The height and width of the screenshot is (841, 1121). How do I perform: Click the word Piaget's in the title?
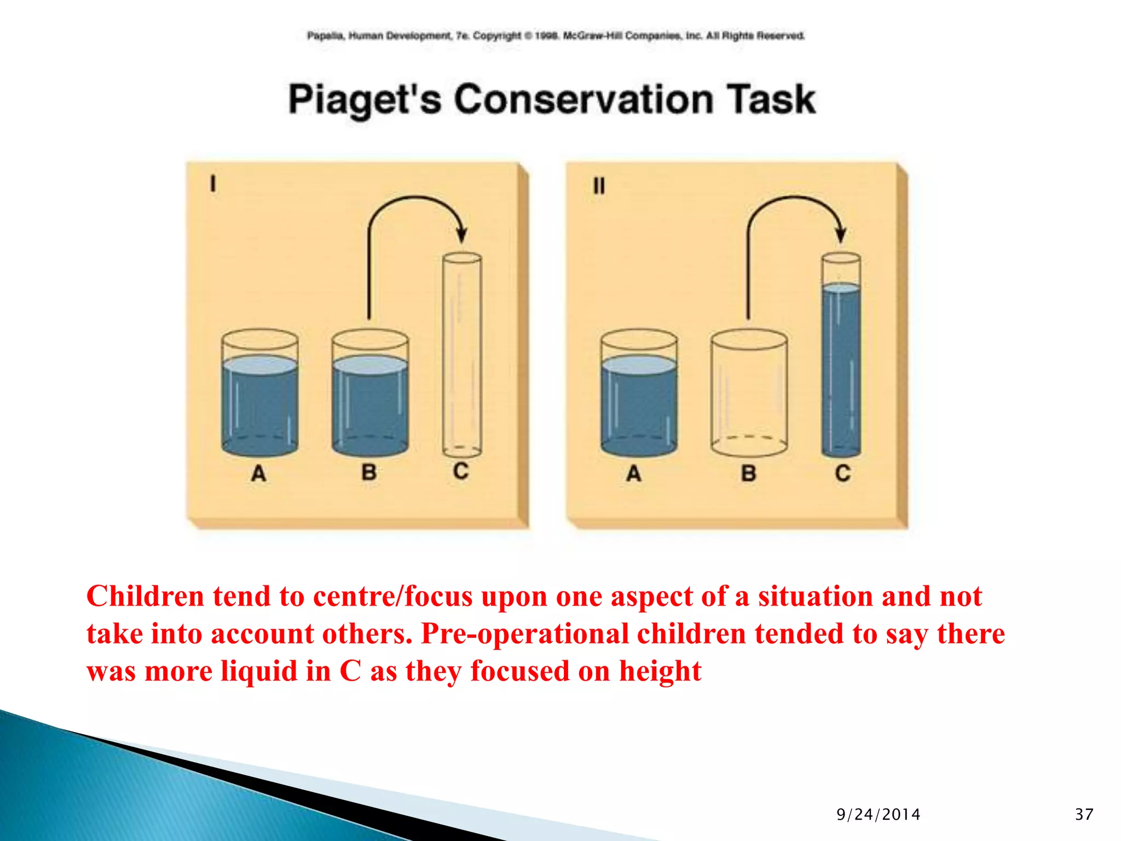[x=365, y=100]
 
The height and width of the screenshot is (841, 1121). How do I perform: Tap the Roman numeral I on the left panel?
[x=213, y=183]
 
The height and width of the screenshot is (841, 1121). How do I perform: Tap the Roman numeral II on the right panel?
[x=599, y=186]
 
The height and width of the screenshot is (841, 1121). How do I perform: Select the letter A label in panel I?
[x=258, y=473]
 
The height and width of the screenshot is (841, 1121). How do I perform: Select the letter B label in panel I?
[x=369, y=472]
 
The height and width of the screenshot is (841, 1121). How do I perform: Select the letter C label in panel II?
[x=842, y=473]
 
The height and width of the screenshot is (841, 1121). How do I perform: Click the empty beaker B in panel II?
[x=749, y=394]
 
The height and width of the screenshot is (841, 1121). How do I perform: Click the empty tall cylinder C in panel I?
[x=462, y=356]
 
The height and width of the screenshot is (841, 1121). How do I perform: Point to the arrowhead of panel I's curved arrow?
[x=461, y=235]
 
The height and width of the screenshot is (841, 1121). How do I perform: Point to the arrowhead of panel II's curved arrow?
[x=841, y=235]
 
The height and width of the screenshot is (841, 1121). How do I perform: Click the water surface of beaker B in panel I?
[x=370, y=365]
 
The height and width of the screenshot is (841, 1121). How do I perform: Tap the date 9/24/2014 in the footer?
[x=878, y=814]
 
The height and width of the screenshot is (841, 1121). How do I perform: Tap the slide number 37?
[x=1084, y=814]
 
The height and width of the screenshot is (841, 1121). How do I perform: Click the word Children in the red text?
[x=145, y=596]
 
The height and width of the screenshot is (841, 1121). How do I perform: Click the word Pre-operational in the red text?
[x=525, y=634]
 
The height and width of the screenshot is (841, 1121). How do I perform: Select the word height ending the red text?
[x=660, y=671]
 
